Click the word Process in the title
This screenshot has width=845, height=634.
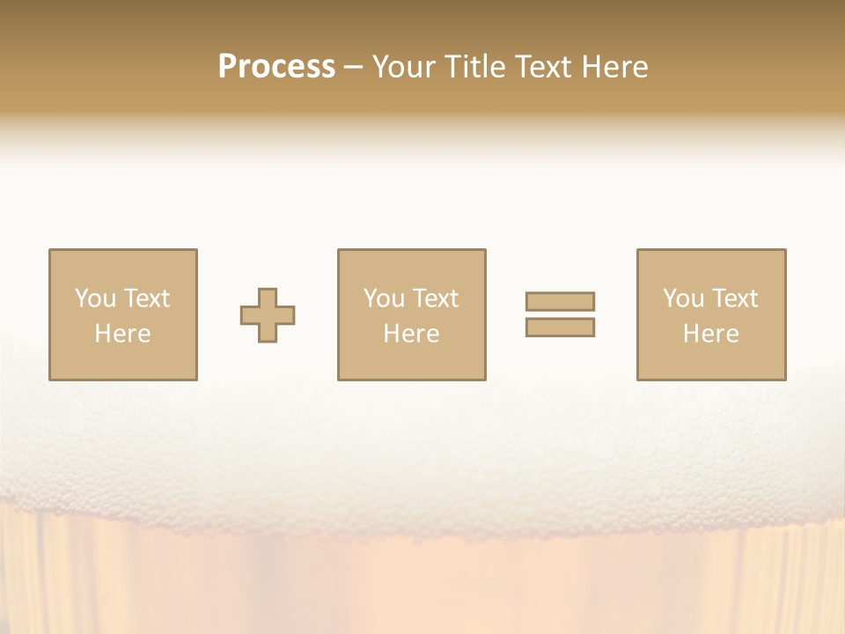click(276, 66)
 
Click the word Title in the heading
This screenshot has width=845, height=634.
click(474, 66)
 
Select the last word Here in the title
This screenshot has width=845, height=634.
click(615, 66)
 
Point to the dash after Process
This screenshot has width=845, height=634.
click(353, 68)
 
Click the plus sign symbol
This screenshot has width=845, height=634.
click(268, 315)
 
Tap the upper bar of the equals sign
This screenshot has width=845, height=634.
click(560, 301)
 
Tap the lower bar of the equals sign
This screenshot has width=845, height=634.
click(560, 327)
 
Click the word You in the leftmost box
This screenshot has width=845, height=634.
click(95, 299)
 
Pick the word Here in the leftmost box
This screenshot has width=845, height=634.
click(122, 334)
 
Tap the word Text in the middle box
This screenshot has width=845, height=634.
click(435, 299)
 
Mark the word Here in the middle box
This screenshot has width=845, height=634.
click(411, 334)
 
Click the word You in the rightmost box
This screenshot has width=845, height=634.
click(683, 299)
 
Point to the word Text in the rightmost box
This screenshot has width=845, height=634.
click(734, 299)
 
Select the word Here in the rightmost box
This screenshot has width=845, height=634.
click(710, 334)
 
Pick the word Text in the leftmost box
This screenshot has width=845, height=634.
click(146, 299)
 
